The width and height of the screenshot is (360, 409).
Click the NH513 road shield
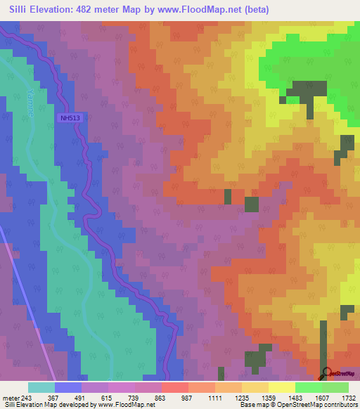pos(70,118)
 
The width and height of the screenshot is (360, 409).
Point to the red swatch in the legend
pos(174,387)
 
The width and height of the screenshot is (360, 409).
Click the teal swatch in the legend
pos(41,387)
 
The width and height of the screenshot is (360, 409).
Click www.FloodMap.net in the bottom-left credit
pos(127,405)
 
